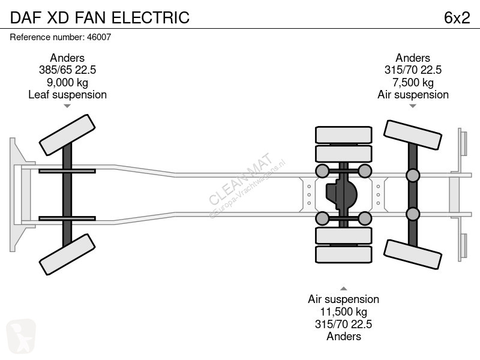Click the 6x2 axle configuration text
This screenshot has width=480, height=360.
click(457, 18)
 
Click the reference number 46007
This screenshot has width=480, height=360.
click(99, 37)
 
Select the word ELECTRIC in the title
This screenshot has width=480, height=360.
click(151, 17)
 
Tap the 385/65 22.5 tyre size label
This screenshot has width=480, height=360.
click(67, 70)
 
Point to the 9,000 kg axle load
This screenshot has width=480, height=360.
click(67, 82)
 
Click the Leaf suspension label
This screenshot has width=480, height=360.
click(67, 95)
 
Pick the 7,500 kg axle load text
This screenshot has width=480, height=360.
click(413, 82)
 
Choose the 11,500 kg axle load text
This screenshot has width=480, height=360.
click(343, 311)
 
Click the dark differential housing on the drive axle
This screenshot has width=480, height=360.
click(341, 194)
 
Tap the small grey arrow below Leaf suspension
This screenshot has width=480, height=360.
click(67, 106)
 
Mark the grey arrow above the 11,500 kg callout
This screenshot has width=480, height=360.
click(343, 289)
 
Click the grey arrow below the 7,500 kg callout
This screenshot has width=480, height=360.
click(413, 106)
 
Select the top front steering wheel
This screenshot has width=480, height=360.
click(67, 135)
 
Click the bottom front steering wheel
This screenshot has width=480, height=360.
click(67, 254)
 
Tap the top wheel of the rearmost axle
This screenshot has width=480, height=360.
click(413, 135)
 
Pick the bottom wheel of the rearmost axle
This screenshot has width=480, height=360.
click(413, 254)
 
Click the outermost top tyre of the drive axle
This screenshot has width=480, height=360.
click(343, 134)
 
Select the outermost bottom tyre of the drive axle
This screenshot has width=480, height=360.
click(343, 254)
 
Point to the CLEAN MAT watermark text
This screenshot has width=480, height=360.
click(241, 178)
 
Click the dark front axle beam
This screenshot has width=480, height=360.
click(67, 194)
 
